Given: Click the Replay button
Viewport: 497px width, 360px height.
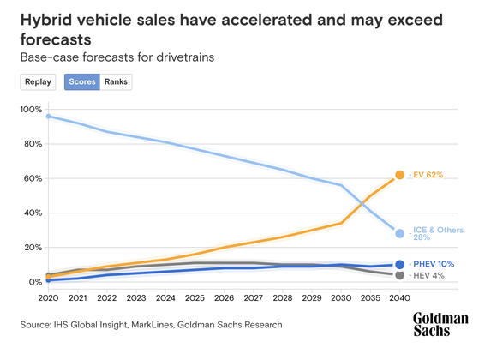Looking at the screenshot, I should pos(38,82).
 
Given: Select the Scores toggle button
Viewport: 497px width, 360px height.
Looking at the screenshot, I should pos(81,82).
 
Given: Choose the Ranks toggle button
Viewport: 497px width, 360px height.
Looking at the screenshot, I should pos(116,82).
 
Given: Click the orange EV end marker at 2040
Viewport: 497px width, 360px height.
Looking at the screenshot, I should pos(399,175).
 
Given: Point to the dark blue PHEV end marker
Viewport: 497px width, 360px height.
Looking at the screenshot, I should pos(399,265).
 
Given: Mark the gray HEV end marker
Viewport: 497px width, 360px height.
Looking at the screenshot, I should pos(399,275).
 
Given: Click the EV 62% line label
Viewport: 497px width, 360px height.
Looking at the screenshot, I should pos(427,175).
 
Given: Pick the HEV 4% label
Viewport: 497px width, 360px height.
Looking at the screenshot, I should pos(428,275).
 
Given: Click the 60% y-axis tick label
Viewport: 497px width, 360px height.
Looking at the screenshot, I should pos(32,178).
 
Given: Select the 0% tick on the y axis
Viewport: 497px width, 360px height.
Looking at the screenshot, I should pos(34,282).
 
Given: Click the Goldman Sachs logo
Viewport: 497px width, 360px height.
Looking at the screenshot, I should pos(440,325).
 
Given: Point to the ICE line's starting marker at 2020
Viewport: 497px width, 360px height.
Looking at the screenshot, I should pos(49,116).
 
